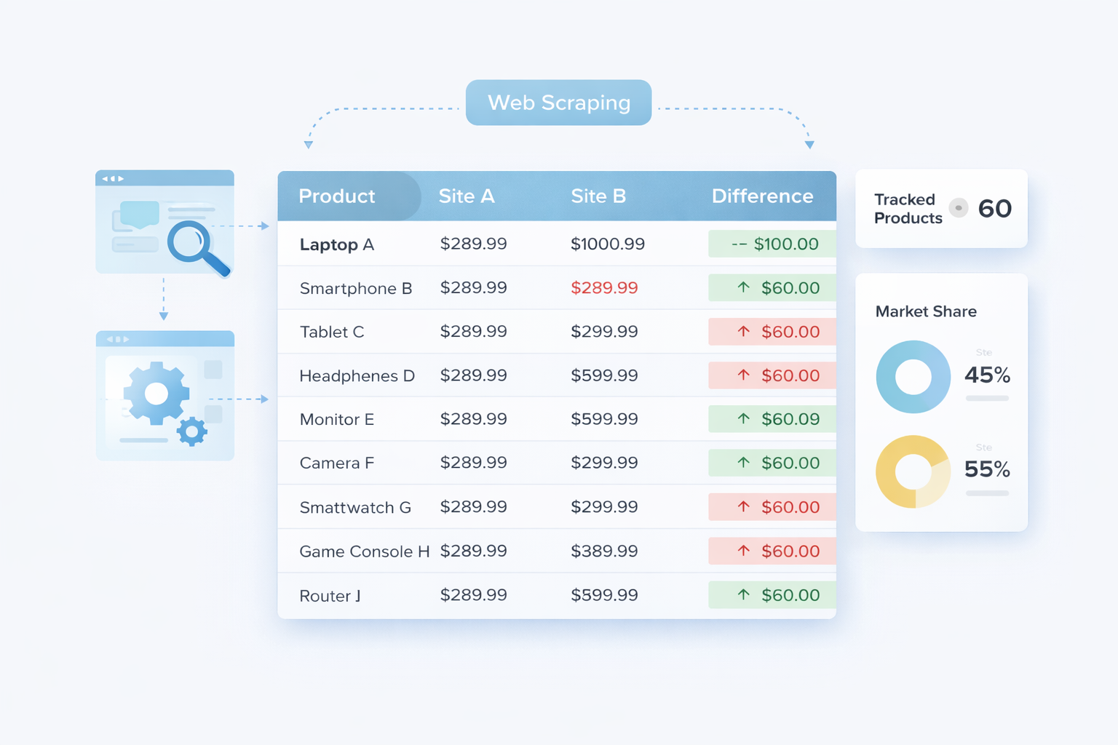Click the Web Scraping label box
(558, 103)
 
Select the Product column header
(336, 196)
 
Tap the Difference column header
(762, 196)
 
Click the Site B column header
(598, 196)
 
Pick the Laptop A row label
(336, 244)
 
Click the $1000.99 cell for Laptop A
(607, 244)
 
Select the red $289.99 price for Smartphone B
(604, 288)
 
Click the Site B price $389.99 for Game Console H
(604, 551)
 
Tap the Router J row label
(330, 596)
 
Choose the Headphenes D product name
(357, 376)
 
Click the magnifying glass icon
(195, 245)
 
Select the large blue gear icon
(156, 394)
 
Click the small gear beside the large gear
(192, 431)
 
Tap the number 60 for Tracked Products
(994, 209)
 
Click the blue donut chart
(913, 377)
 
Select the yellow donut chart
(913, 471)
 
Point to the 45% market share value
(987, 375)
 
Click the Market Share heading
(926, 311)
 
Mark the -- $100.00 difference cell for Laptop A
(773, 244)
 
